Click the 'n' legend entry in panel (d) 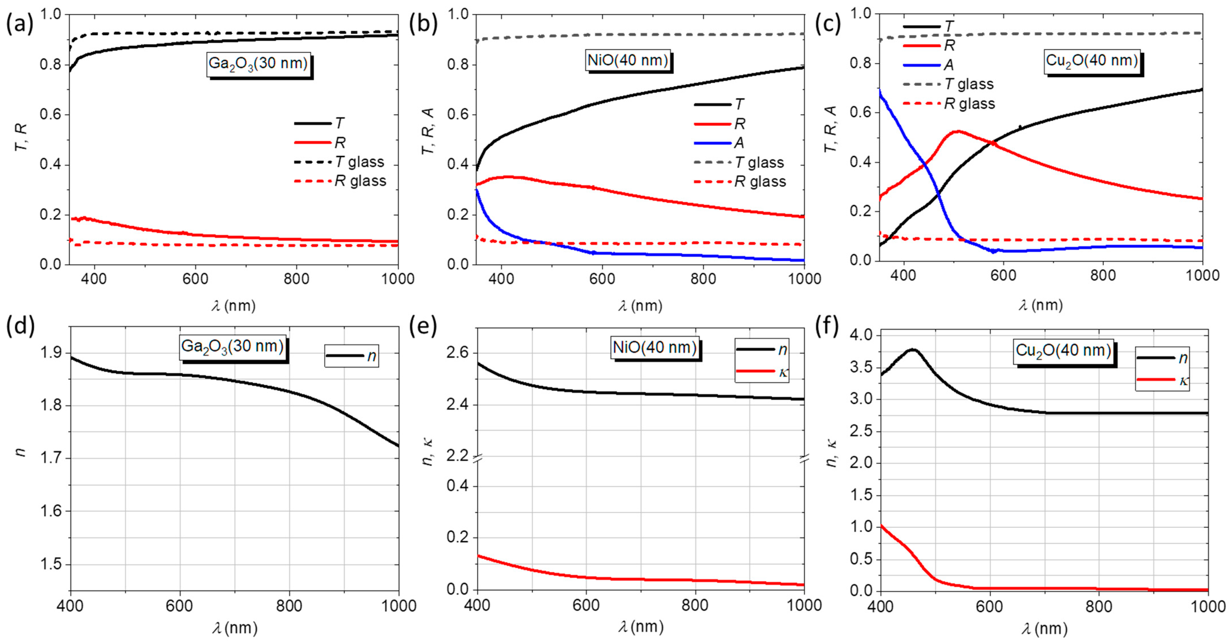click(352, 356)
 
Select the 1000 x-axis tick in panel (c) click(1202, 275)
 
